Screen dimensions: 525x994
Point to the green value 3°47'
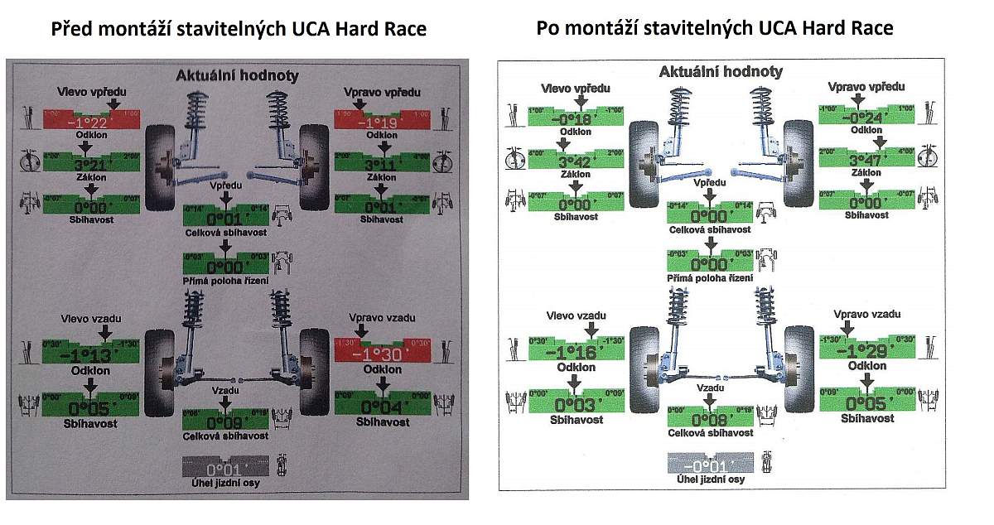pos(866,161)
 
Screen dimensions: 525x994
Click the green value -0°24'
pos(866,118)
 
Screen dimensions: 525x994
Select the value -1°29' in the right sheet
pos(867,351)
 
